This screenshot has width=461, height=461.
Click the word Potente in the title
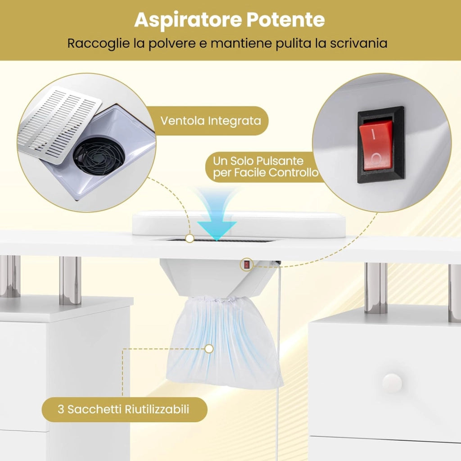click(x=285, y=19)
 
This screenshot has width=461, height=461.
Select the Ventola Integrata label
click(x=211, y=121)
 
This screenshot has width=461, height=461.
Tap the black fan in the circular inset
click(x=99, y=157)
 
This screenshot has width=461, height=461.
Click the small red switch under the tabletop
click(x=246, y=265)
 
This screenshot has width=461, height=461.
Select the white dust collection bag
click(x=224, y=343)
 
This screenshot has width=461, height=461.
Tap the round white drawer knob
click(x=392, y=383)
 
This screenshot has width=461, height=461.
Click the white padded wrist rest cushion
click(x=239, y=223)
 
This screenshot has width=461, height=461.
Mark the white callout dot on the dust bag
click(x=209, y=349)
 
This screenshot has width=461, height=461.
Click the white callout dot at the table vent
click(x=190, y=239)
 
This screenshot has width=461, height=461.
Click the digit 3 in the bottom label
click(x=61, y=409)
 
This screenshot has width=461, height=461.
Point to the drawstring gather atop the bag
click(x=221, y=299)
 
